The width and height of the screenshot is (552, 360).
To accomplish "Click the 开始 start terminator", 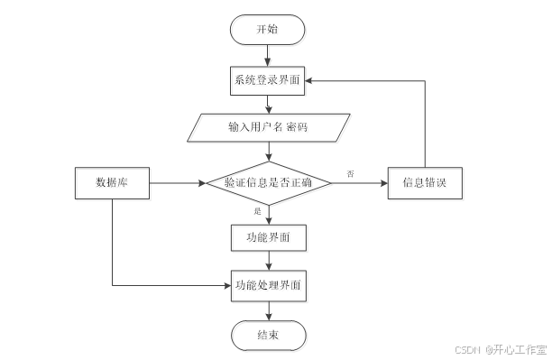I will point(268,30).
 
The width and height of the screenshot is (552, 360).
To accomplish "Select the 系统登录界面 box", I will point(268,80).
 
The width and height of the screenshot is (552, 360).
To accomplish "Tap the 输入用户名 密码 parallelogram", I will point(268,127).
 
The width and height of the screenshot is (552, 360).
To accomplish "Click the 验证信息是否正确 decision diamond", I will point(268,183).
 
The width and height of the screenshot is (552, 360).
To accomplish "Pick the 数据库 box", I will point(112,183).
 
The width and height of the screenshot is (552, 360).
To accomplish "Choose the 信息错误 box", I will point(425,183).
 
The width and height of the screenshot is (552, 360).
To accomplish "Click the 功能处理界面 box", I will point(268,285).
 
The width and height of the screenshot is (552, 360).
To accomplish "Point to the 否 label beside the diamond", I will point(350,172).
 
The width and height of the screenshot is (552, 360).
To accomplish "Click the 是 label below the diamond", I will point(257,211).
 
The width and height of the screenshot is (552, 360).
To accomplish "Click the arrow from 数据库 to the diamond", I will point(177,183).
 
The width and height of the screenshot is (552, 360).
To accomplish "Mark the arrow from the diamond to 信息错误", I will point(359,183).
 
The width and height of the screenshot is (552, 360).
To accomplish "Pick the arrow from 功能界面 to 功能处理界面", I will point(268,260).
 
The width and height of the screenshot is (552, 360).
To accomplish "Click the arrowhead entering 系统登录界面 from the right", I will point(310,80).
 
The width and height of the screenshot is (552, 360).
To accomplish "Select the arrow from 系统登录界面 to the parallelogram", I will point(268,103).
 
